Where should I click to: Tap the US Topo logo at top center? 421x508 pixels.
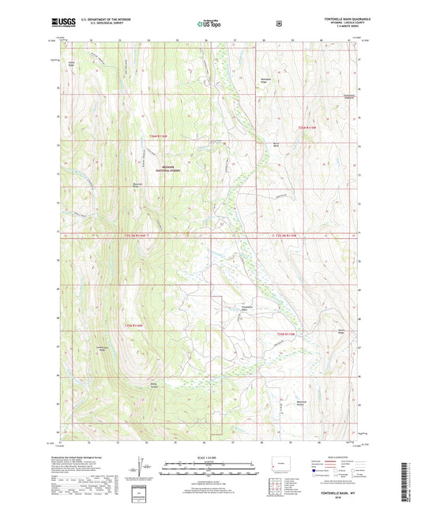point(209,24)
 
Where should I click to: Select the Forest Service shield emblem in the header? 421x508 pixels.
point(278,24)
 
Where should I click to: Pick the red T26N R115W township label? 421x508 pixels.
point(306,127)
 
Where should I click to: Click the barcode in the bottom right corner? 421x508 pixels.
point(407,482)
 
